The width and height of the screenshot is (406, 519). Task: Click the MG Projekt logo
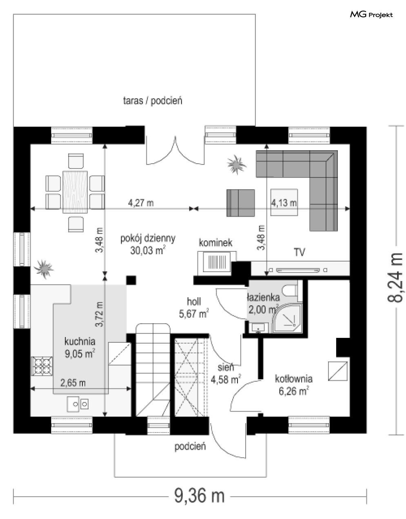tap(371, 15)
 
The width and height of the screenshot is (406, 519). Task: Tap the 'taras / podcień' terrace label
tap(153, 101)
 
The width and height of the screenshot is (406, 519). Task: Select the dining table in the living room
tap(75, 192)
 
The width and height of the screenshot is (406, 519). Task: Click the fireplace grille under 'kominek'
tap(217, 262)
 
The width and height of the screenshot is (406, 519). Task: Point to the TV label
tap(299, 252)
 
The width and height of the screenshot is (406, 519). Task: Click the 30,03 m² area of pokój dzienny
tap(148, 251)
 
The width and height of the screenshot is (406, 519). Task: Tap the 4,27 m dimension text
tap(141, 203)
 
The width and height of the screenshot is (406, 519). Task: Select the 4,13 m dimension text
tap(284, 203)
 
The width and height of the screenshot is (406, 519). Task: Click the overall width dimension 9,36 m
tap(200, 496)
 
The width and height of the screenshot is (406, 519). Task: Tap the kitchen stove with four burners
tap(42, 366)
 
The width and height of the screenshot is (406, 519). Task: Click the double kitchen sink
tap(78, 404)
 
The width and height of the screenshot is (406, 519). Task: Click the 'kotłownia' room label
tap(293, 379)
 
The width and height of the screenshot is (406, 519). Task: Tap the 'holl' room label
tap(194, 302)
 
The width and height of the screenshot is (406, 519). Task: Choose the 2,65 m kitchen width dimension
tap(73, 383)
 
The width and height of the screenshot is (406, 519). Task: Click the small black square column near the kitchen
tap(131, 280)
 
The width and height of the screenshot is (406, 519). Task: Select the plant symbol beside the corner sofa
tap(236, 164)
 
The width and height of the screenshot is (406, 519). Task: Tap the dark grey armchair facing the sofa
tap(240, 203)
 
